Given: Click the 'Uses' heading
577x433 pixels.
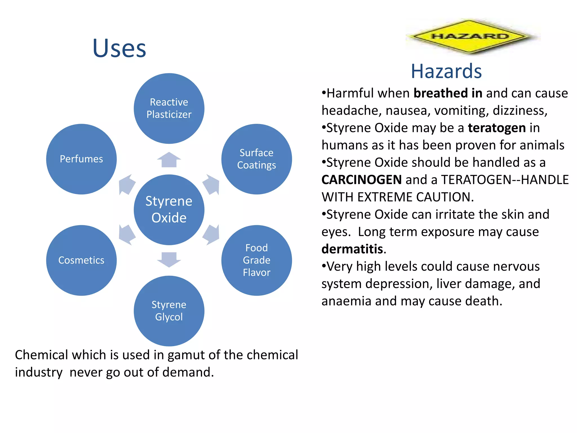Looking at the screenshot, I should (x=119, y=48).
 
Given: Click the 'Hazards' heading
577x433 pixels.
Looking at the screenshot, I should (x=446, y=71).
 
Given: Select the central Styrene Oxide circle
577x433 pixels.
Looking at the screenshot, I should (x=169, y=209).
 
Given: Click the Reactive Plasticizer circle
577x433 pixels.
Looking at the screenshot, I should (x=169, y=108).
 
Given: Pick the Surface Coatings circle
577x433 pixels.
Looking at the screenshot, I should (x=256, y=159).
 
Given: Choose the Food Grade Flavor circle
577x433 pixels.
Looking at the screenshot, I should (x=256, y=260).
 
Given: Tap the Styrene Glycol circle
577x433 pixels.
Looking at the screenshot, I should (x=169, y=311).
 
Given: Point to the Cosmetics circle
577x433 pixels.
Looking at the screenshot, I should (x=81, y=260).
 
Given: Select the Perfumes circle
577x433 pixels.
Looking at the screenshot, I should (x=81, y=159).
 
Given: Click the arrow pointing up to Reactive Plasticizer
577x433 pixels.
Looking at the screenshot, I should (x=169, y=160).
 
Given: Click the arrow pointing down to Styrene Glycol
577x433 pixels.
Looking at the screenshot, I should (x=169, y=259).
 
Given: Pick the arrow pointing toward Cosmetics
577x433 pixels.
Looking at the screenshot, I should (x=127, y=235).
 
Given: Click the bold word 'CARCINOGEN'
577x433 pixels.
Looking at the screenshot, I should (x=362, y=180).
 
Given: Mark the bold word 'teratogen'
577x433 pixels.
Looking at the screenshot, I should (x=497, y=128).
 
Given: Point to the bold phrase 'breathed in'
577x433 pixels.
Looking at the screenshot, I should (x=448, y=93).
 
